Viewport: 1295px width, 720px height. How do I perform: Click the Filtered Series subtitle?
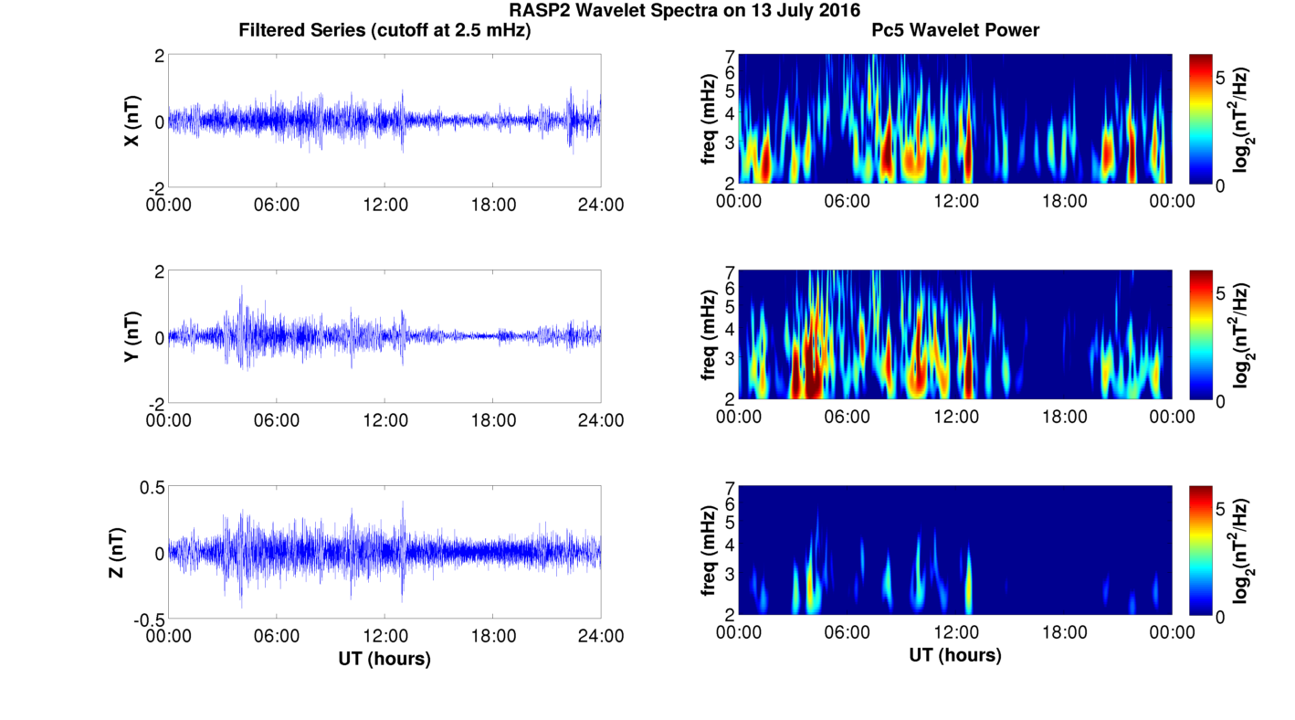(384, 30)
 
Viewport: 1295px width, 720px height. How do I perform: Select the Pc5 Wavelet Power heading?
(955, 30)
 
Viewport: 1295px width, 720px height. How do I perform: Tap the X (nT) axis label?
(132, 121)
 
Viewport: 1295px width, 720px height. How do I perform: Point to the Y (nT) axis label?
(132, 337)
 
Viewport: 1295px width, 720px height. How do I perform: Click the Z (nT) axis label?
(120, 553)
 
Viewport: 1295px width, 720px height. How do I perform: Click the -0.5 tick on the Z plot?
(148, 619)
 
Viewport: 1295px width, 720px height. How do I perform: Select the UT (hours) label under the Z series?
(384, 658)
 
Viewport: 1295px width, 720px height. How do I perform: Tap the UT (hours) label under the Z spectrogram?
(955, 655)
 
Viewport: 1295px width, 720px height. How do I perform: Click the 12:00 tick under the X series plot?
(384, 205)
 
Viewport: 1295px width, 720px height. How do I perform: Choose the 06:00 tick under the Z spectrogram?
(847, 632)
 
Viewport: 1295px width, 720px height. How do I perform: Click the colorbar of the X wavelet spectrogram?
(1201, 119)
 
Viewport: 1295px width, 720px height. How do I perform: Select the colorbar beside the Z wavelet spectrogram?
(1201, 551)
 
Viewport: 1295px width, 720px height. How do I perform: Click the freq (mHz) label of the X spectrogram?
(708, 121)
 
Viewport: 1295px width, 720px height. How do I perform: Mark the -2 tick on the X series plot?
(155, 187)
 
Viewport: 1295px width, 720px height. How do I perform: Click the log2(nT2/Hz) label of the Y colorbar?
(1241, 336)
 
